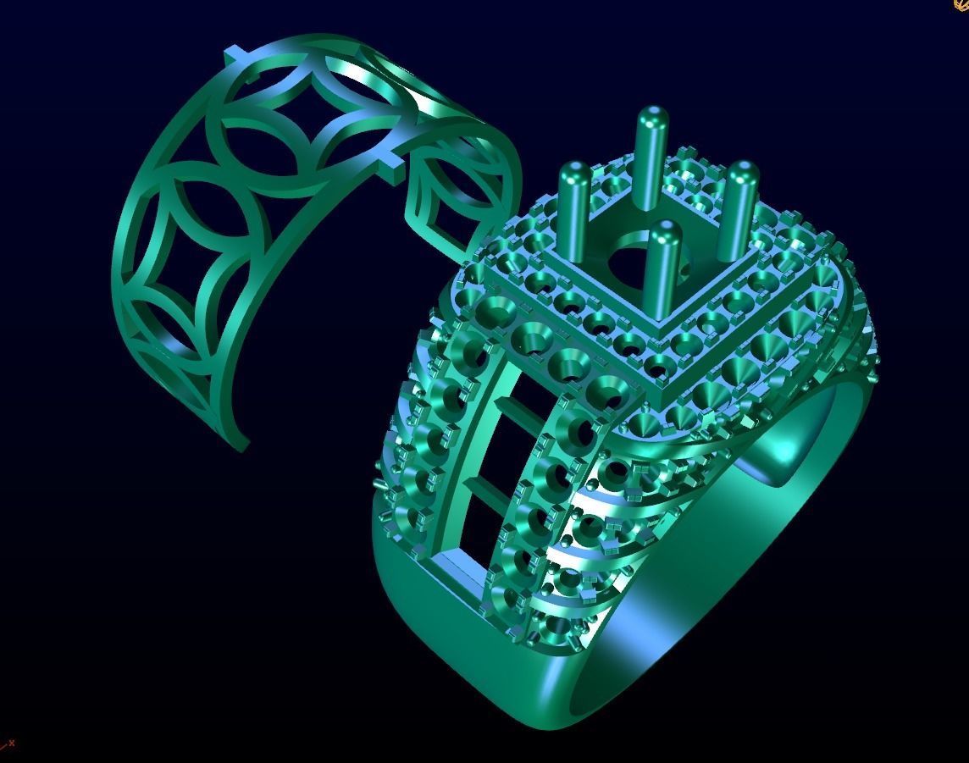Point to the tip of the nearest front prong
pos(667,231)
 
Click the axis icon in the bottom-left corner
pos(8,745)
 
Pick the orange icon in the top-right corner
pos(961,5)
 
